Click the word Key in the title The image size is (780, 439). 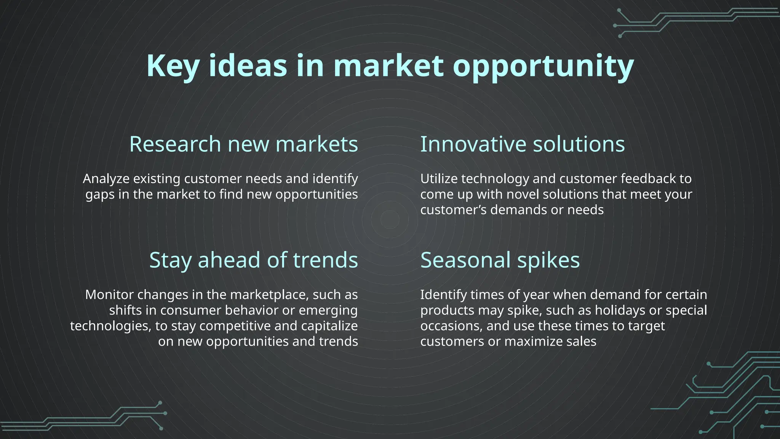click(x=173, y=66)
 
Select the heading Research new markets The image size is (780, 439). click(x=244, y=144)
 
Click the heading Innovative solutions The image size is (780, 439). click(x=523, y=144)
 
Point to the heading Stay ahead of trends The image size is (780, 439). click(x=254, y=260)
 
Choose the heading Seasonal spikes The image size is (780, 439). click(x=500, y=260)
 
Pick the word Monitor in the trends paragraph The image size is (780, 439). click(x=110, y=295)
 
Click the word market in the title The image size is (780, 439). click(x=388, y=66)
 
